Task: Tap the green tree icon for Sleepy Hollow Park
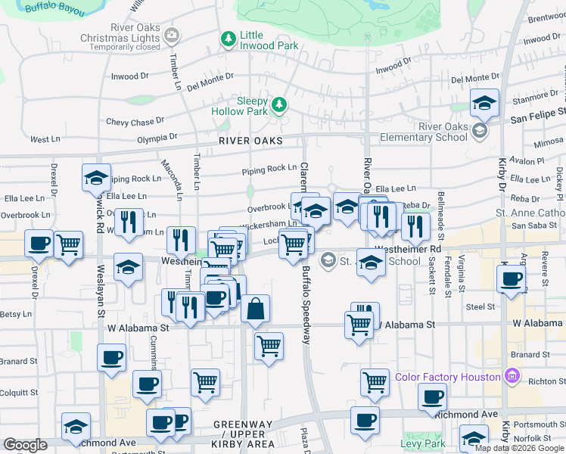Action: click(279, 104)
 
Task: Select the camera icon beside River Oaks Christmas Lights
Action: click(173, 34)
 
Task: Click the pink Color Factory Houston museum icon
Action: click(512, 376)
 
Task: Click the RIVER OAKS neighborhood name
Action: click(250, 141)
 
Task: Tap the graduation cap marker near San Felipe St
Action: click(484, 102)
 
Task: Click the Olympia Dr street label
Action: click(157, 138)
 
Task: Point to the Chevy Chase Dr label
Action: click(135, 122)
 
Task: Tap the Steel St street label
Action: click(480, 306)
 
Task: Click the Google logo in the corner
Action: click(25, 444)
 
